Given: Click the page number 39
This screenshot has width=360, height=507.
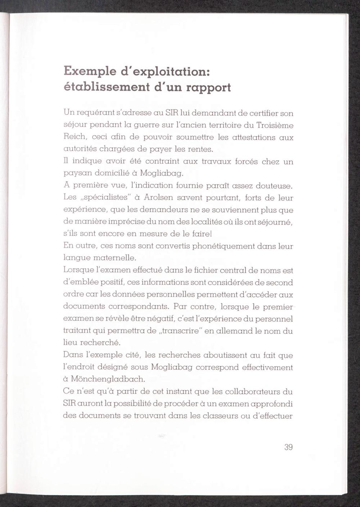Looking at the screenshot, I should pos(288,447).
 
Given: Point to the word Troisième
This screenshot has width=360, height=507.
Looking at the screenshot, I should pos(275,125).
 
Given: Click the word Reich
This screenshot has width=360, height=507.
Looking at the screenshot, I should pos(75,137).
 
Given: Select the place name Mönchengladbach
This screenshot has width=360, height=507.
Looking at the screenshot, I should pos(108,379).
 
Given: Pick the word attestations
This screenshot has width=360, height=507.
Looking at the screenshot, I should pos(254,137).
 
